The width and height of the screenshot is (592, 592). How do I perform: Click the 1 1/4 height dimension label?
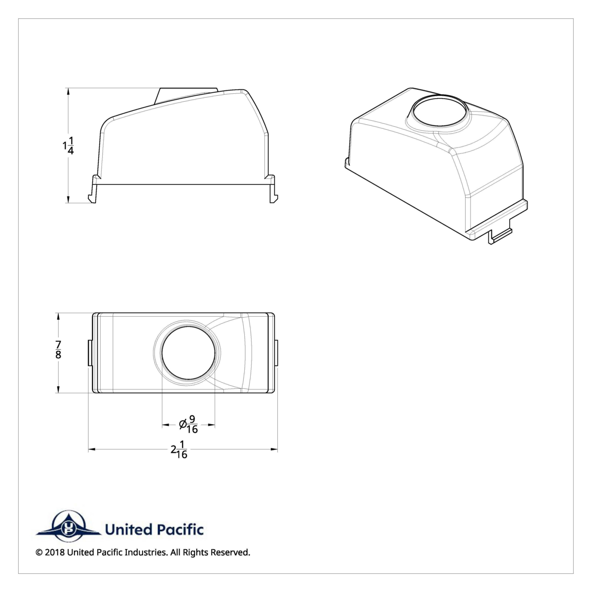click(69, 147)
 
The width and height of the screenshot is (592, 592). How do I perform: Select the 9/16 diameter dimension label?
click(192, 424)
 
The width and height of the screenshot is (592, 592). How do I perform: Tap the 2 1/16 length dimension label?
click(179, 449)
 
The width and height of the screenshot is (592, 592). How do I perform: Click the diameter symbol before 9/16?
click(183, 424)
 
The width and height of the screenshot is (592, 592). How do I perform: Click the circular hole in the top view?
click(188, 353)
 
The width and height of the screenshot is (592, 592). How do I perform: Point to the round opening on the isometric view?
click(439, 113)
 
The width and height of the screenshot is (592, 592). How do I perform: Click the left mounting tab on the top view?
click(90, 352)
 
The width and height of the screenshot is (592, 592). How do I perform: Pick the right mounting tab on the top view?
click(275, 352)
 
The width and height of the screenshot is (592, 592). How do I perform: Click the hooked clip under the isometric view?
click(499, 237)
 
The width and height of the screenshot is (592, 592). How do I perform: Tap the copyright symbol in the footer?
click(39, 553)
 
